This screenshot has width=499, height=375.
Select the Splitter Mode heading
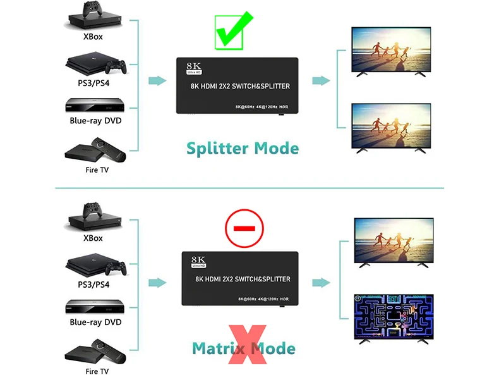click(x=243, y=149)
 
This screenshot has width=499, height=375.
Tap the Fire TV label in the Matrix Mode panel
click(x=97, y=371)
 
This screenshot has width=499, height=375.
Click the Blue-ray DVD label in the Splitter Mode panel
click(x=95, y=121)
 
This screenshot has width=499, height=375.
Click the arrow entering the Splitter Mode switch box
click(x=156, y=81)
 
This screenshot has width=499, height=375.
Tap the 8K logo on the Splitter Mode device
click(x=193, y=65)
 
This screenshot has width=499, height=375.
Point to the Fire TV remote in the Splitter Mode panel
click(x=99, y=147)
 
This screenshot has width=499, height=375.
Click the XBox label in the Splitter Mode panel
click(x=93, y=37)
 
